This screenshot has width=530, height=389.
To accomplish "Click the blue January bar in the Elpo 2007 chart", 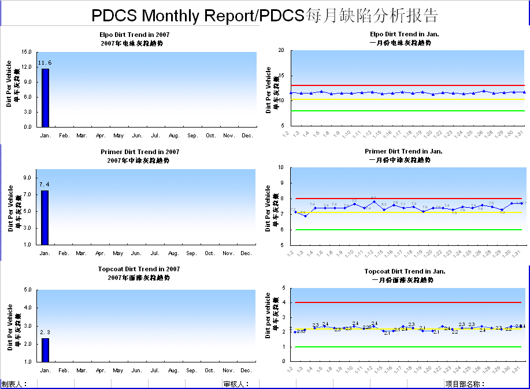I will [x=45, y=98].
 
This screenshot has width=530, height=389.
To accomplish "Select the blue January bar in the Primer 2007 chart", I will [x=45, y=217].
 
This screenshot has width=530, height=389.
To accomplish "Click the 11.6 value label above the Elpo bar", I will [x=45, y=62].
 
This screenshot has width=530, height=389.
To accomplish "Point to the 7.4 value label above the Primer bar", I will [x=45, y=184].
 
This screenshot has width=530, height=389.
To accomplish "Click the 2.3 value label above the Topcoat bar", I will [x=45, y=332].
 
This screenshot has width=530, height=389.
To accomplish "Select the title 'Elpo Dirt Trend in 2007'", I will [x=134, y=35].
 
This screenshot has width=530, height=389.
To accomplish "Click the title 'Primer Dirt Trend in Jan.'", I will [x=404, y=152].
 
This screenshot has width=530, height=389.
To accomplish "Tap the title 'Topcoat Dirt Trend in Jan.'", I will [x=404, y=271].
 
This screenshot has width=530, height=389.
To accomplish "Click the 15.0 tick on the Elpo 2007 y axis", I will [x=26, y=52].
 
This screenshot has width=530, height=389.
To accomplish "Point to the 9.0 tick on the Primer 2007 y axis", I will [x=28, y=178].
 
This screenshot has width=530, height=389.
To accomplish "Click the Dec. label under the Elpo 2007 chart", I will [x=247, y=136].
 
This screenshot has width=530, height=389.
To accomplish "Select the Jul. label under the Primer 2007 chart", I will [x=155, y=253].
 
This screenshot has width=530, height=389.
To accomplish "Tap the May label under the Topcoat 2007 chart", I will [x=118, y=370].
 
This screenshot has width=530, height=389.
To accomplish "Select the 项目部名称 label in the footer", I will [x=465, y=384].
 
